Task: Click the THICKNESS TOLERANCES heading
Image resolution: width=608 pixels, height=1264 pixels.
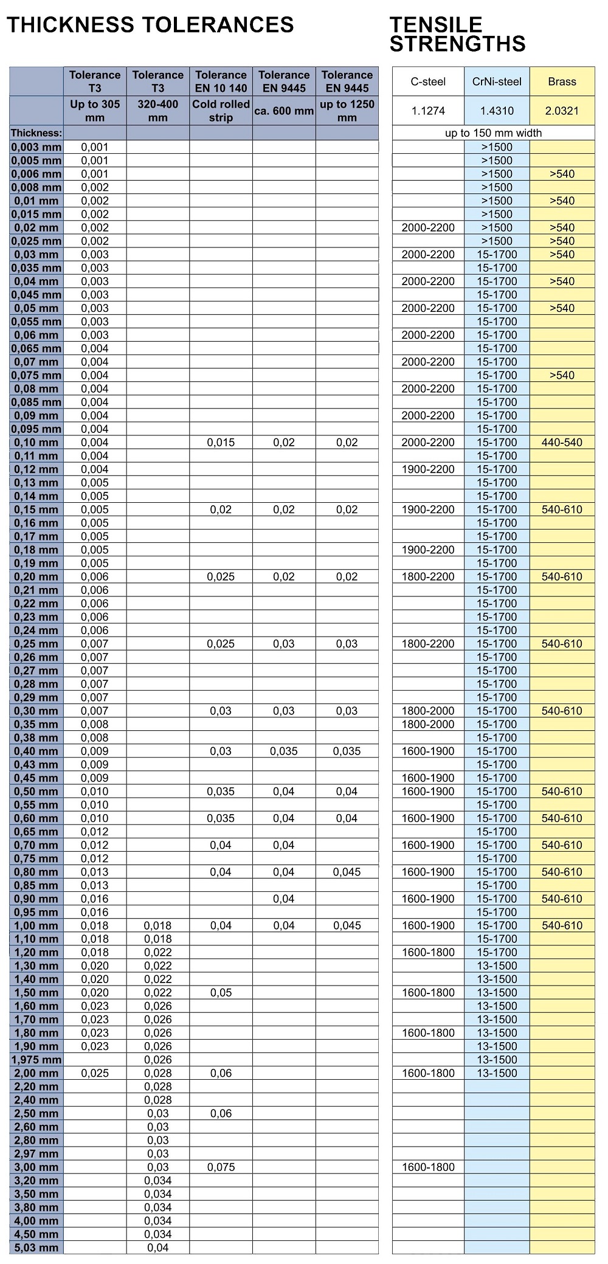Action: tap(150, 25)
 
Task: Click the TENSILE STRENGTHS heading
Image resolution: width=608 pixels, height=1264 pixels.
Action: tap(457, 34)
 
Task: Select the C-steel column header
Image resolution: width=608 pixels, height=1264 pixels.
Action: tap(428, 81)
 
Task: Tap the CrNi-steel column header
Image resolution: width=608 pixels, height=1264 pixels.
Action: tap(497, 81)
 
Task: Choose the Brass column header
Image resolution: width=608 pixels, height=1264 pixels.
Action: tap(562, 81)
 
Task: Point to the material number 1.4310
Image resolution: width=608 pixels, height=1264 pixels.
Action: tap(497, 111)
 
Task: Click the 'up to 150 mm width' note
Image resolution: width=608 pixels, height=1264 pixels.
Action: tap(493, 133)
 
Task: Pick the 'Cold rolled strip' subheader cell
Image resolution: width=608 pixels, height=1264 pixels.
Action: tap(221, 111)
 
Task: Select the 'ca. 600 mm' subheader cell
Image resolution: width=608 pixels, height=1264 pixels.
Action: tap(284, 111)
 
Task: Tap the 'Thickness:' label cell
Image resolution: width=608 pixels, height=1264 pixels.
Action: tap(36, 133)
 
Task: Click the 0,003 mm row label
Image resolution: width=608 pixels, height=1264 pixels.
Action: tap(36, 147)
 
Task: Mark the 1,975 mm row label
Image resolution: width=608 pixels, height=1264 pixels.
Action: tap(35, 1060)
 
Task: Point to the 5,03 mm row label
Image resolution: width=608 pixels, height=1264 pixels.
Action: tap(36, 1248)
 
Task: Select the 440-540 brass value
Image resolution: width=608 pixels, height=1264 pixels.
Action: tap(562, 442)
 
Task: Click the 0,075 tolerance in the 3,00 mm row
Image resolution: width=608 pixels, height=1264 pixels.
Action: tap(221, 1167)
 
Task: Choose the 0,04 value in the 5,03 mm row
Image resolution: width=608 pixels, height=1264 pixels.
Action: tap(158, 1248)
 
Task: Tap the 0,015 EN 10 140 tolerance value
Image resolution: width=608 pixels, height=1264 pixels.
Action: tap(221, 442)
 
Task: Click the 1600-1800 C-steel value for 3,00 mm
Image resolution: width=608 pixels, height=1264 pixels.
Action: tap(428, 1167)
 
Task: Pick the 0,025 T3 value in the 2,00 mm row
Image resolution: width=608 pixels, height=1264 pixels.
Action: tap(95, 1073)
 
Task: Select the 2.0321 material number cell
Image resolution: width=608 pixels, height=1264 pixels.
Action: tap(562, 111)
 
